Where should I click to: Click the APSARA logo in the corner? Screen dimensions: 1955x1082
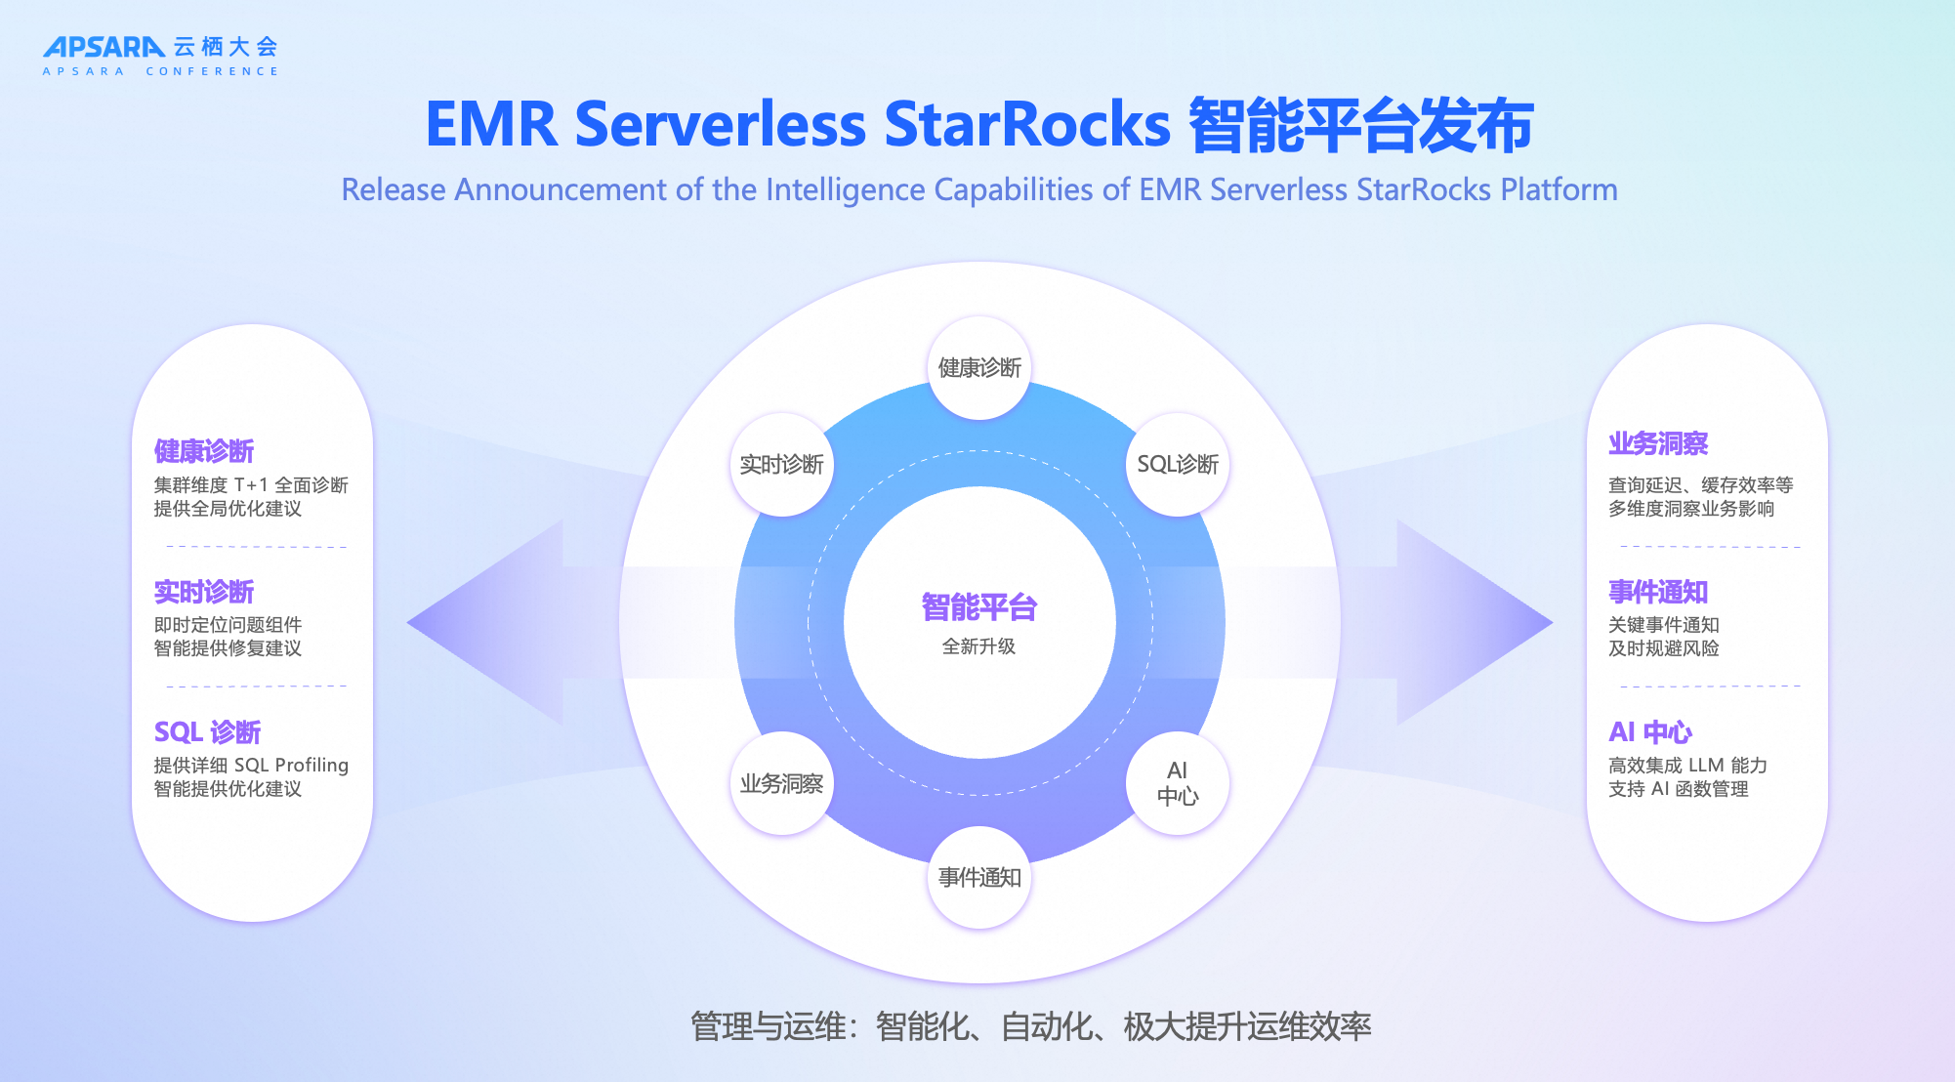pyautogui.click(x=104, y=47)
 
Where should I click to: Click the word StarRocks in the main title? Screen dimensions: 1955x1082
pyautogui.click(x=1026, y=125)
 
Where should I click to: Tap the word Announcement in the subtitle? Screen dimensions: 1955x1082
pyautogui.click(x=560, y=189)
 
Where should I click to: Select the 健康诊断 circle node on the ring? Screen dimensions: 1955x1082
pyautogui.click(x=978, y=368)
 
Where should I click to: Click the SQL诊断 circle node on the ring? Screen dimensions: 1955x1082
pyautogui.click(x=1177, y=465)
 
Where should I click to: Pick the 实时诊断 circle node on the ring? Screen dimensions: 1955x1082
pyautogui.click(x=781, y=465)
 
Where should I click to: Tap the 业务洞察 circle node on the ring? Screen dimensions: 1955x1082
pyautogui.click(x=781, y=783)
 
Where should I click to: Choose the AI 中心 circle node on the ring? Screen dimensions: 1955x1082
pyautogui.click(x=1177, y=783)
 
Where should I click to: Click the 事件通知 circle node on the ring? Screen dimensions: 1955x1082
pyautogui.click(x=978, y=878)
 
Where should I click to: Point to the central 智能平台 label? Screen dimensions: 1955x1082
pyautogui.click(x=978, y=607)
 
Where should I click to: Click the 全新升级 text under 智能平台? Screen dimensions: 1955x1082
pyautogui.click(x=978, y=646)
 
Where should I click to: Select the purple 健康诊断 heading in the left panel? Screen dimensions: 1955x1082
pyautogui.click(x=204, y=451)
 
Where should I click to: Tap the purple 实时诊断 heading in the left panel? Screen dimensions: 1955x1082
pyautogui.click(x=204, y=592)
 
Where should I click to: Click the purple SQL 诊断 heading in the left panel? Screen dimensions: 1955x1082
pyautogui.click(x=207, y=732)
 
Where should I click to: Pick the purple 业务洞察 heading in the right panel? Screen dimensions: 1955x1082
pyautogui.click(x=1658, y=443)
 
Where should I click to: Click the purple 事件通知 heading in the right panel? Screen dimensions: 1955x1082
pyautogui.click(x=1658, y=592)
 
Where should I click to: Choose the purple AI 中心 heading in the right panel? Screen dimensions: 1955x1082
pyautogui.click(x=1650, y=732)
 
